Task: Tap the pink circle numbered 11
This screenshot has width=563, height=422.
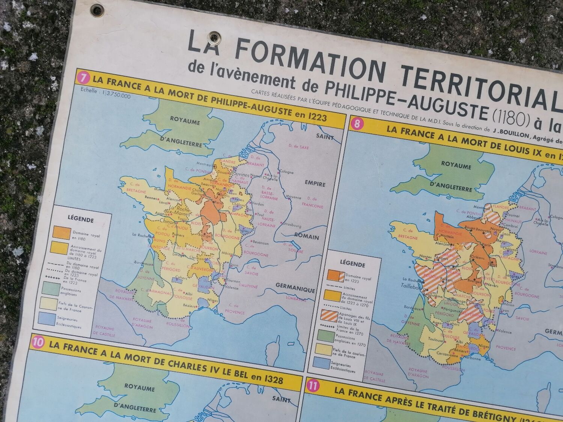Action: tap(313, 385)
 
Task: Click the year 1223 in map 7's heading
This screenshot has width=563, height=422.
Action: tap(316, 117)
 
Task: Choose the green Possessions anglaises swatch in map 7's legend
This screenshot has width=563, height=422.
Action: tap(51, 288)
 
